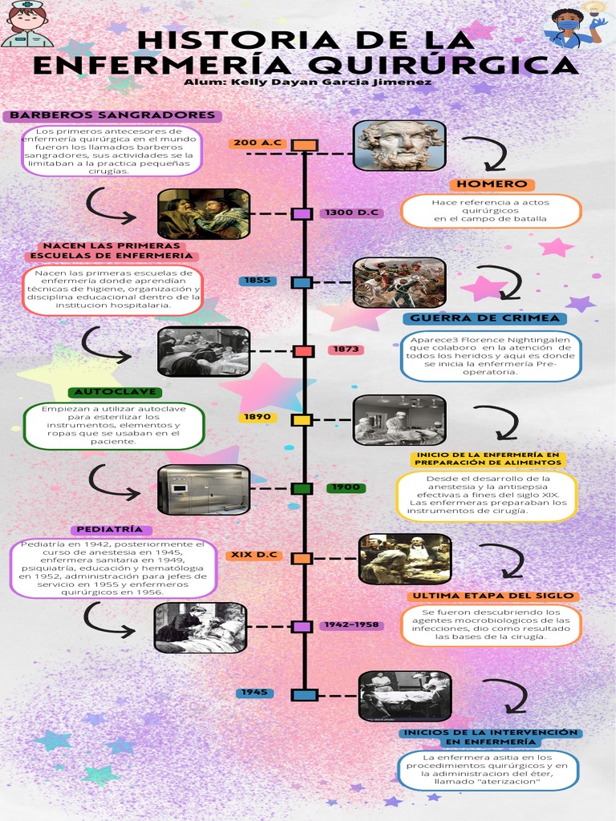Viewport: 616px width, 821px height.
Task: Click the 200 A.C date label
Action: pyautogui.click(x=257, y=143)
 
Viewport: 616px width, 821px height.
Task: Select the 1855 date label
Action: pyautogui.click(x=257, y=281)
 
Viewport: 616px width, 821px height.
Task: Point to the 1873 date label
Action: pyautogui.click(x=346, y=350)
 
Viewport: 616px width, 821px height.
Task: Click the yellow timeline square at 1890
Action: pyautogui.click(x=302, y=420)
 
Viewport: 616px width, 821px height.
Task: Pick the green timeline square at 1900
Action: pyautogui.click(x=302, y=488)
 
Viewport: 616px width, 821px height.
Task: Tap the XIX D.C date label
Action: pyautogui.click(x=254, y=555)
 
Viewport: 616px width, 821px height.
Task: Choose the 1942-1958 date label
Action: pyautogui.click(x=351, y=625)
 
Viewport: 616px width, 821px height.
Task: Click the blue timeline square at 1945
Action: pyautogui.click(x=304, y=695)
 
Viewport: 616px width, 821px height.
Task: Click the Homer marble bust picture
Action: pyautogui.click(x=399, y=146)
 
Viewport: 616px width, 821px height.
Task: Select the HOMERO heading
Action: pyautogui.click(x=492, y=184)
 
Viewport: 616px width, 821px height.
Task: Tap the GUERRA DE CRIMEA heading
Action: pyautogui.click(x=485, y=318)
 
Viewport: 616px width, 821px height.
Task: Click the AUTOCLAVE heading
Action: pyautogui.click(x=115, y=391)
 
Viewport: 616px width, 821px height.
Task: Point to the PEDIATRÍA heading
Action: pyautogui.click(x=109, y=529)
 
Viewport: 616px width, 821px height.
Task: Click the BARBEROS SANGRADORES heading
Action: pyautogui.click(x=112, y=115)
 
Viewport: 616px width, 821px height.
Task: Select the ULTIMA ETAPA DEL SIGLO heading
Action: pyautogui.click(x=493, y=596)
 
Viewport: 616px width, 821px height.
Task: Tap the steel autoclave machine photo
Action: pyautogui.click(x=204, y=490)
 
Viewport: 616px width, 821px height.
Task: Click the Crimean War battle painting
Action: pyautogui.click(x=399, y=283)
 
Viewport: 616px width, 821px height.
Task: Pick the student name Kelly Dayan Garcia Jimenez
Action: pyautogui.click(x=307, y=83)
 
